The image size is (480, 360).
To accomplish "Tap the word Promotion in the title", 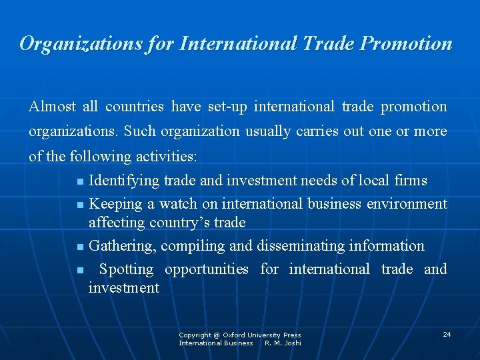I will point(406,44).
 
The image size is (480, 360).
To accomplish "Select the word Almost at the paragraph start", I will point(53,107).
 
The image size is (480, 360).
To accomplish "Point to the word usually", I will point(271,131).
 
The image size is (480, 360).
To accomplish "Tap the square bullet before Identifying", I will point(80,181).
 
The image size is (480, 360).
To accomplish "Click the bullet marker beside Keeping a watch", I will point(80,205).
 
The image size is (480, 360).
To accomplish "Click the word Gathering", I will point(123,246).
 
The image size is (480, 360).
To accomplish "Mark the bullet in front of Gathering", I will point(80,247).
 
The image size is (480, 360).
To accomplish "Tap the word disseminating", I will point(301,246).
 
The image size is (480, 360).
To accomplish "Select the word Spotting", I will point(126,269).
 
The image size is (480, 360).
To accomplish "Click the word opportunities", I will point(207,269).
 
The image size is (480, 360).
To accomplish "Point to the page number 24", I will point(447,334).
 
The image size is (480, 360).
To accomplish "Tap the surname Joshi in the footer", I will point(292,343).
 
